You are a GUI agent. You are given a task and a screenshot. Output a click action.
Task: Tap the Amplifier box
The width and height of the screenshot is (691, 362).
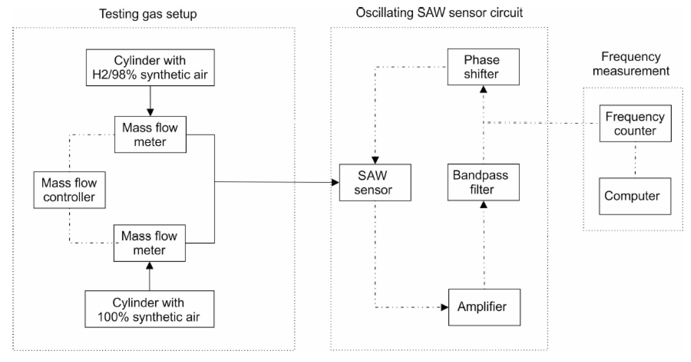tap(484, 307)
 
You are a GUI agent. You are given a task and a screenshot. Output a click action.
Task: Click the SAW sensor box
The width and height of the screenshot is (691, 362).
tap(375, 182)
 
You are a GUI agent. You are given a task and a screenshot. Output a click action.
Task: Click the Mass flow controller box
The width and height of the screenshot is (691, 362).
tap(69, 190)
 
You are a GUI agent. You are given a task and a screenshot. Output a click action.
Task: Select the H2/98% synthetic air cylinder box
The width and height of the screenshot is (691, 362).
tap(150, 67)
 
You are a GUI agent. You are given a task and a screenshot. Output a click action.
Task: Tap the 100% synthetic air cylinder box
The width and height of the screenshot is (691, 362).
tap(149, 309)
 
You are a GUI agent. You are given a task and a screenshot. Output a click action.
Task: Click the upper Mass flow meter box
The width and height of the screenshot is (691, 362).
tap(150, 134)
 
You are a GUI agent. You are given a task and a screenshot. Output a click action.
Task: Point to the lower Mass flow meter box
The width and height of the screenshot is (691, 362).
tap(149, 243)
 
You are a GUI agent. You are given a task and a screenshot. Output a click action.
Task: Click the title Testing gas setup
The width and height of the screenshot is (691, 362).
tap(148, 14)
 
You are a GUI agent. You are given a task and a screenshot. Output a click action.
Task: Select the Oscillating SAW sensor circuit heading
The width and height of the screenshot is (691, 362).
tap(439, 13)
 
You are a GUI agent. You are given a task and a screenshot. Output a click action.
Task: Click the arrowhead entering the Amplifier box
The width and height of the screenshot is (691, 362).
tap(445, 307)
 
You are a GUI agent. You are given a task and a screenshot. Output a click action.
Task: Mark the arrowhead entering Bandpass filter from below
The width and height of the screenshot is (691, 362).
tap(483, 204)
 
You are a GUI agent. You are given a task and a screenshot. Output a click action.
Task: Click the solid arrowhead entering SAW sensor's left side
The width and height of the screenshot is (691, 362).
tap(335, 182)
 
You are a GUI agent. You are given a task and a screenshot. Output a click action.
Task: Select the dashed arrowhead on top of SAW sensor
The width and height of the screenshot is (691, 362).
tap(375, 160)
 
